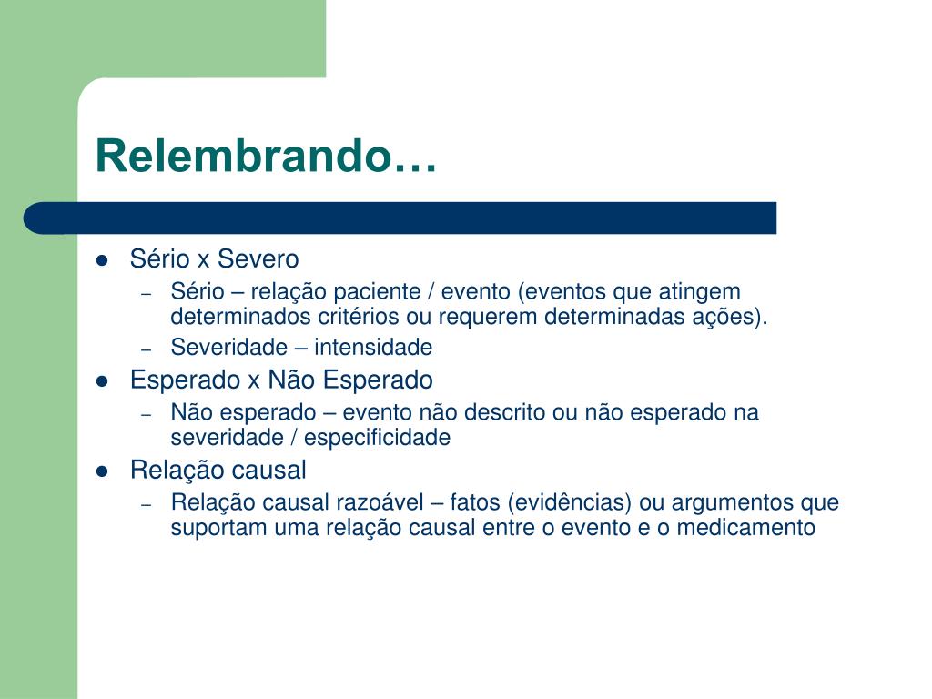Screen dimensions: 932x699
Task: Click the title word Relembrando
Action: pyautogui.click(x=267, y=156)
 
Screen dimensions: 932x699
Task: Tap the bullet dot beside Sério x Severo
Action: pyautogui.click(x=102, y=260)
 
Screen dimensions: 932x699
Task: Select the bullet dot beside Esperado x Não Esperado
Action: pyautogui.click(x=102, y=381)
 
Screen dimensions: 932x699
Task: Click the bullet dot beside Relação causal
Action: pyautogui.click(x=102, y=471)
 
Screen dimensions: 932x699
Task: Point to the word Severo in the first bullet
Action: pyautogui.click(x=258, y=259)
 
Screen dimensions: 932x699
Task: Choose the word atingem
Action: pyautogui.click(x=700, y=292)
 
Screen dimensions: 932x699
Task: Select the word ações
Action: pyautogui.click(x=730, y=317)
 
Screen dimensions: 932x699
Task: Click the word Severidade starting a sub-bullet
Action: pyautogui.click(x=228, y=347)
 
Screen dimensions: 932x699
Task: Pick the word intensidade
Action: pyautogui.click(x=373, y=347)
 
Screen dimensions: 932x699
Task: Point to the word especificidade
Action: pyautogui.click(x=378, y=438)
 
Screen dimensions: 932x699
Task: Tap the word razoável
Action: pyautogui.click(x=380, y=502)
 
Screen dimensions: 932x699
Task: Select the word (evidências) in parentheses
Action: pyautogui.click(x=570, y=502)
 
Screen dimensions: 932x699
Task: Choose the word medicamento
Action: pyautogui.click(x=746, y=528)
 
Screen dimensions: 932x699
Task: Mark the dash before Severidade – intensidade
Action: pyautogui.click(x=147, y=349)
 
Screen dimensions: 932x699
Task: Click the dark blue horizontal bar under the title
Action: pyautogui.click(x=400, y=218)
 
